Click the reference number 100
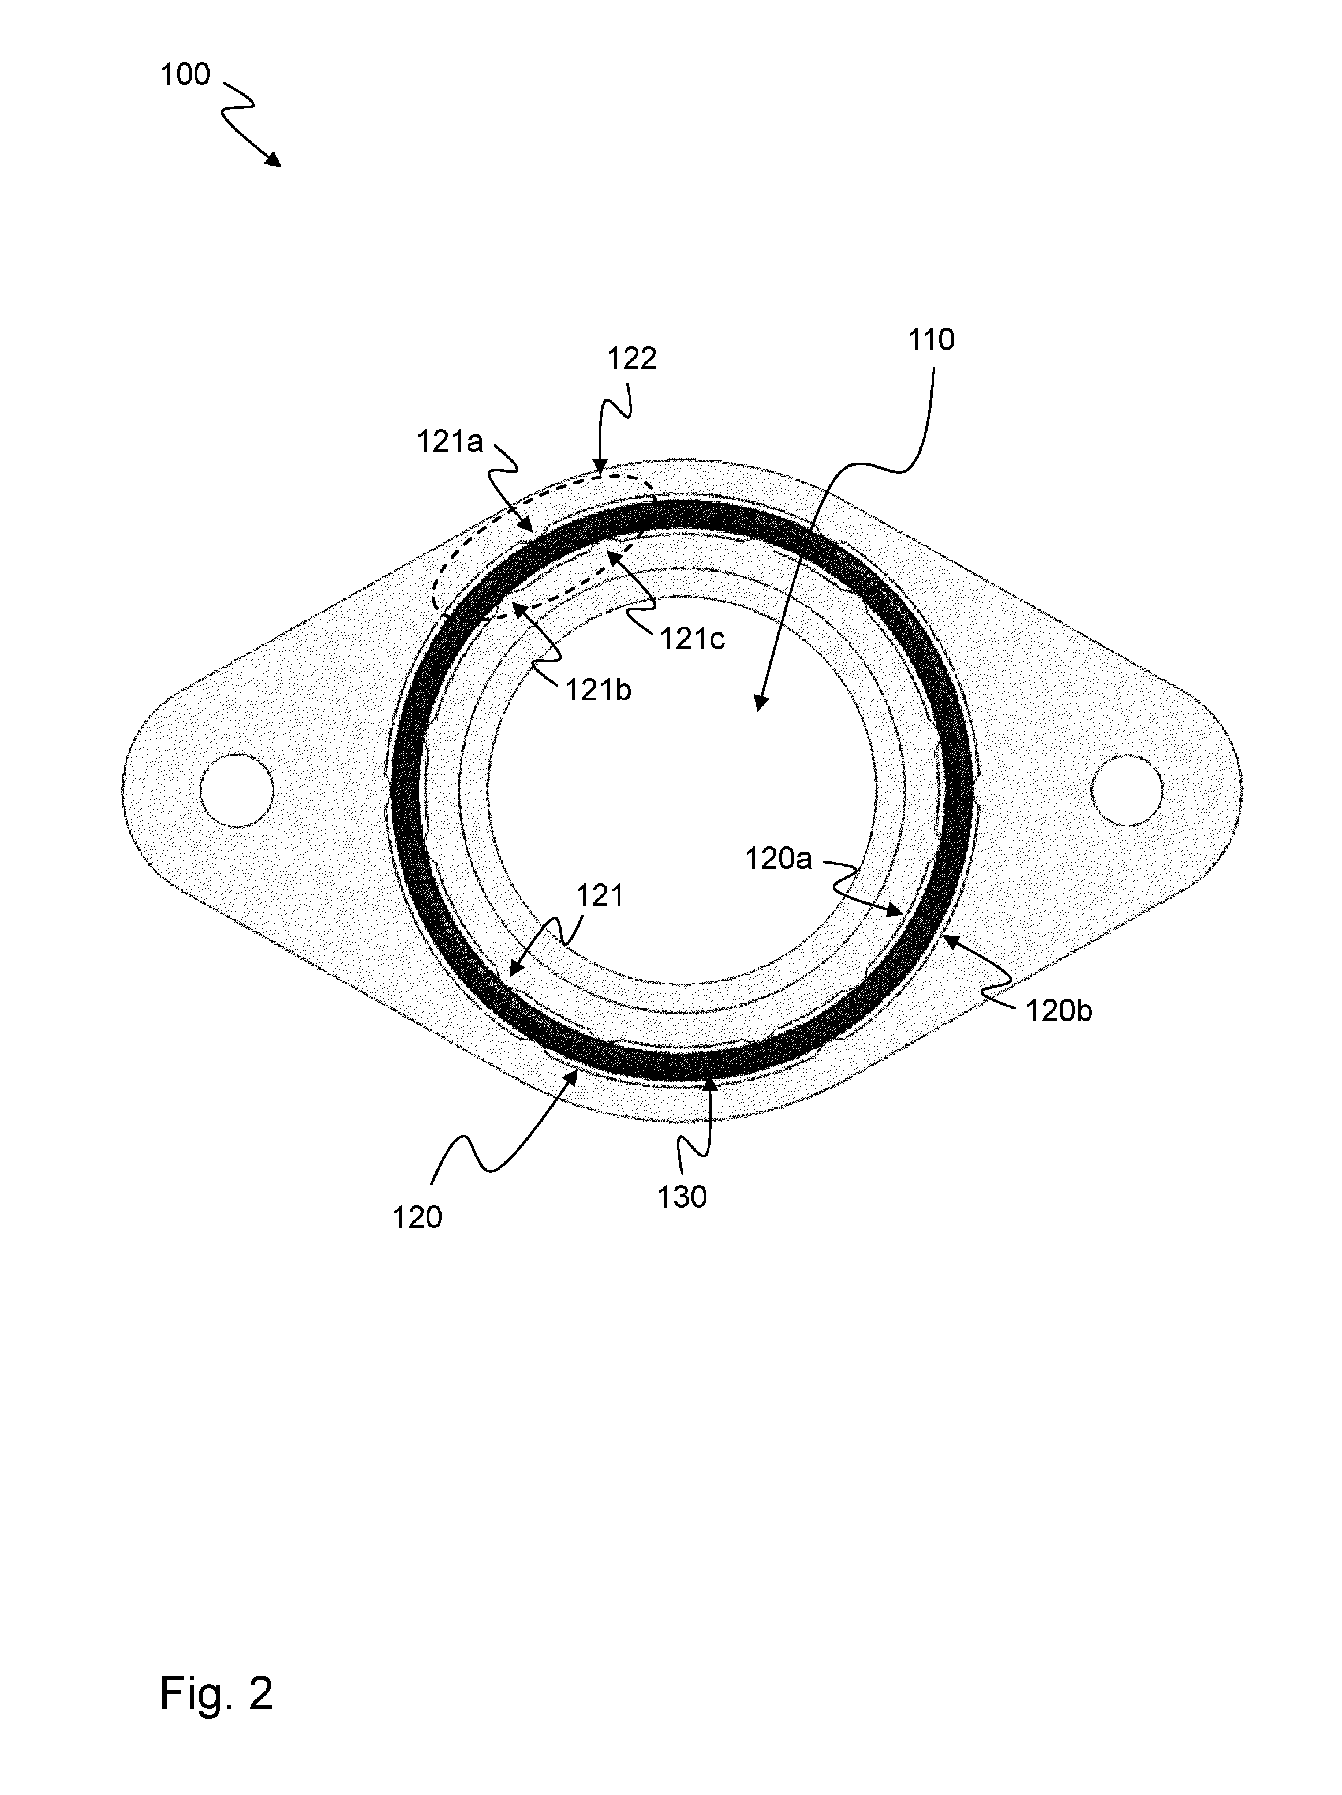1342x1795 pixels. coord(185,74)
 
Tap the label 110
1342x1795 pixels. coord(930,340)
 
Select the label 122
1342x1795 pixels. coord(631,359)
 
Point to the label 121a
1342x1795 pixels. coord(450,442)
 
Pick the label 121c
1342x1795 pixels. coord(691,639)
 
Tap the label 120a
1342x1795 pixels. coord(779,859)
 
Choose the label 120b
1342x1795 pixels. coord(1059,1011)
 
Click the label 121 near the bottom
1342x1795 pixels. coord(600,896)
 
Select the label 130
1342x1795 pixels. coord(682,1197)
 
